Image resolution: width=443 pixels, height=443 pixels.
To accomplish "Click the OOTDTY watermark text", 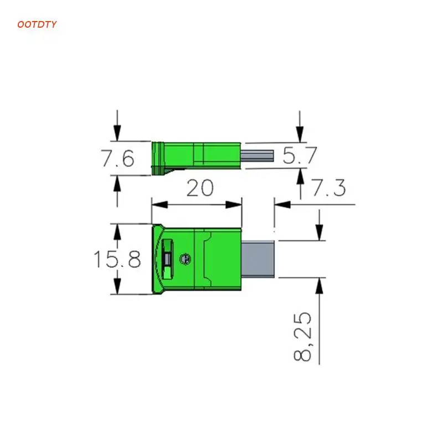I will click(37, 24).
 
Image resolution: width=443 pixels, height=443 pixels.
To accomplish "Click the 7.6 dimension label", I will click(117, 159).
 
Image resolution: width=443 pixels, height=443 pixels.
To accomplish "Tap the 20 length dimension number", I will click(199, 188).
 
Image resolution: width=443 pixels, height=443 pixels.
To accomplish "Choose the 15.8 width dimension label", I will click(116, 259).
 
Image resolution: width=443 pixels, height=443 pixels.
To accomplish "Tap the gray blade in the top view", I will click(259, 259).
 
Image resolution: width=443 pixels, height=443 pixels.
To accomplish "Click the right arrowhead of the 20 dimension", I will click(236, 205).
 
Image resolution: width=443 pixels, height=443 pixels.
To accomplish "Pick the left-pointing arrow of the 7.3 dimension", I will click(281, 205).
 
